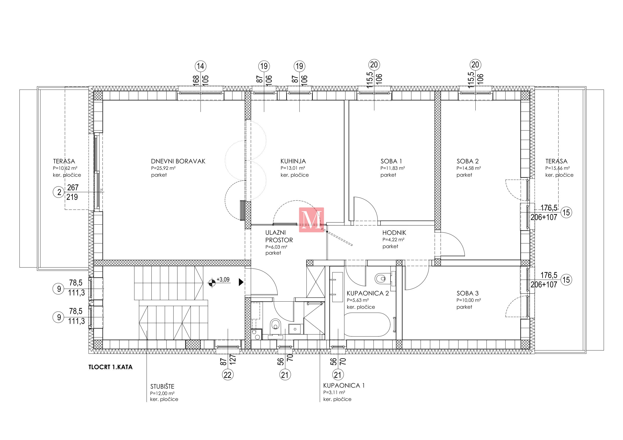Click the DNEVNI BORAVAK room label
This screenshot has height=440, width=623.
(178, 161)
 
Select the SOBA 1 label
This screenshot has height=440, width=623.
(391, 161)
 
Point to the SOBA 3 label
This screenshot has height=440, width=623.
(468, 293)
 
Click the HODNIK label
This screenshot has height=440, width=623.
(394, 233)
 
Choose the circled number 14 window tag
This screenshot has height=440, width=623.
(201, 66)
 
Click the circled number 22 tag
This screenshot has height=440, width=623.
(228, 375)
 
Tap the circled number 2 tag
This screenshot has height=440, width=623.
(58, 192)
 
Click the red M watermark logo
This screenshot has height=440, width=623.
(311, 220)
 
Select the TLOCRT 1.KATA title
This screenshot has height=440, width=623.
(110, 367)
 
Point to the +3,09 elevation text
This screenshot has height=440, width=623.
(223, 280)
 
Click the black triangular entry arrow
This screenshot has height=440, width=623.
(241, 282)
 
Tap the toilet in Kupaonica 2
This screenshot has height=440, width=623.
(381, 278)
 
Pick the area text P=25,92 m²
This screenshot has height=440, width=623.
(163, 168)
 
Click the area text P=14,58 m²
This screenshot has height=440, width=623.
(469, 168)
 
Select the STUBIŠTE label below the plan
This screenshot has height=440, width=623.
(162, 386)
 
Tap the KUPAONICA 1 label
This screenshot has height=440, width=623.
(344, 386)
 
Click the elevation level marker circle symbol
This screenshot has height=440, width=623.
(212, 283)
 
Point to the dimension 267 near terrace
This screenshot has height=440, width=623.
(73, 187)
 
